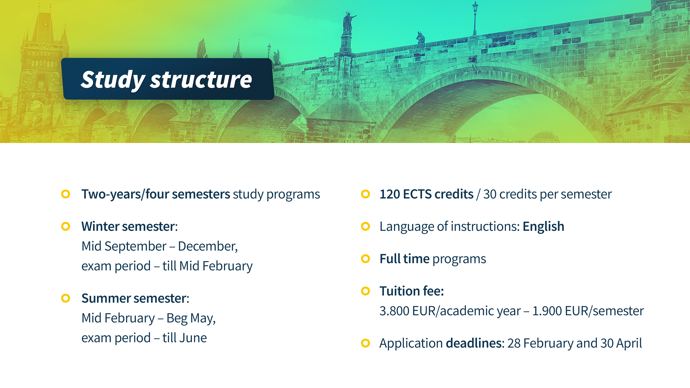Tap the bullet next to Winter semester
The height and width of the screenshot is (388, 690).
(66, 227)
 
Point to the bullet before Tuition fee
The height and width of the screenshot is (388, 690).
(365, 291)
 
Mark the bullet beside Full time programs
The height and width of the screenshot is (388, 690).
(365, 259)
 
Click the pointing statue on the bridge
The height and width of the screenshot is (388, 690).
(348, 24)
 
